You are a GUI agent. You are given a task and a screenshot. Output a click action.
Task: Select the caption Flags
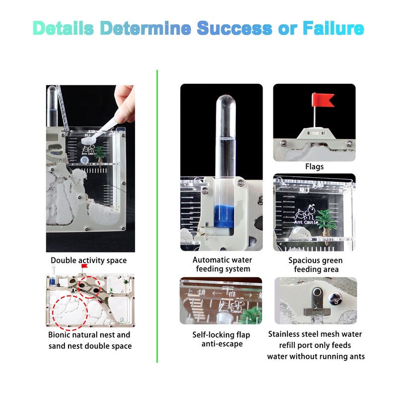tap(314, 167)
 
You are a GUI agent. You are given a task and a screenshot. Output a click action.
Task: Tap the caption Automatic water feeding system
tap(222, 265)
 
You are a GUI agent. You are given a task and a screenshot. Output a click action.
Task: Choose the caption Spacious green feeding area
tap(315, 265)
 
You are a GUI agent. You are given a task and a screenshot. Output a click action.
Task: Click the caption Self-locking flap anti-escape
tap(221, 339)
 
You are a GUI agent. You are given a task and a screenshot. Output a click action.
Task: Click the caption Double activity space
tap(89, 261)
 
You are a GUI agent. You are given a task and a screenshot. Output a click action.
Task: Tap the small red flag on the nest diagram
tap(84, 266)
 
